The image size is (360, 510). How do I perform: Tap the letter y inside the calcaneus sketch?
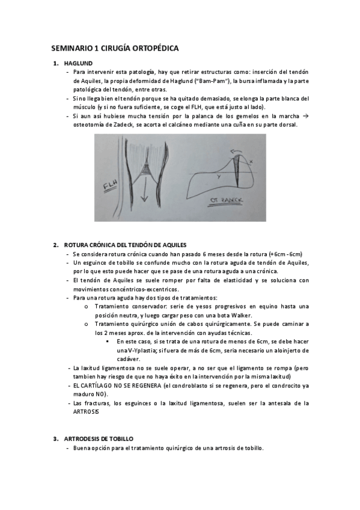[x=218, y=178]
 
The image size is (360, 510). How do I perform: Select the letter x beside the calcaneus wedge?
[x=251, y=161]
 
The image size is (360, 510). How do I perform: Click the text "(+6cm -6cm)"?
[x=285, y=254]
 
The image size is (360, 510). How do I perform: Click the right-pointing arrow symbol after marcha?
[x=305, y=115]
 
